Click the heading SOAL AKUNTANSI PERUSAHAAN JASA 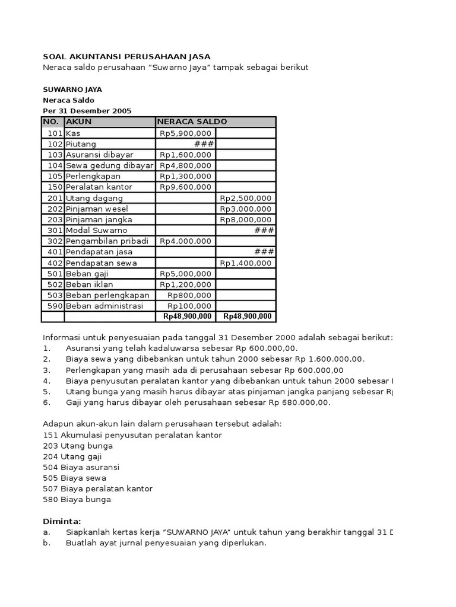click(126, 56)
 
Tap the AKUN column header click(79, 122)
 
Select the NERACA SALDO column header click(192, 122)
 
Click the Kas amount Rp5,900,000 click(185, 133)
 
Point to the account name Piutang click(81, 144)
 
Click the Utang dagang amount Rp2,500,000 click(246, 198)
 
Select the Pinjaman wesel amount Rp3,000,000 click(246, 209)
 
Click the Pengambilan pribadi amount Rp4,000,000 click(185, 241)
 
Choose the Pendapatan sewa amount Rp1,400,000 click(246, 263)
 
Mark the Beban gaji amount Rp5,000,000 click(185, 273)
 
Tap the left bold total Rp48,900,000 click(188, 317)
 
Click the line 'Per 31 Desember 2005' click(87, 111)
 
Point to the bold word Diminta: click(61, 521)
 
